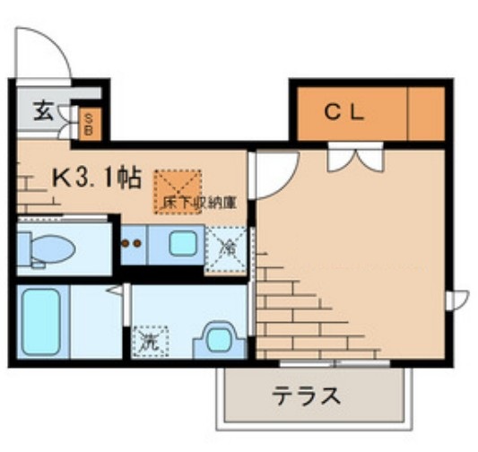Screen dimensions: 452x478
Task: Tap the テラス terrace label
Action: [307, 395]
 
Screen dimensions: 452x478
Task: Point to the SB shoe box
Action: [89, 122]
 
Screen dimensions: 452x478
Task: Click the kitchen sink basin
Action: [183, 243]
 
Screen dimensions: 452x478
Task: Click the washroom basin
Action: [217, 340]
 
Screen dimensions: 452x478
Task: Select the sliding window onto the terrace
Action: [334, 363]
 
